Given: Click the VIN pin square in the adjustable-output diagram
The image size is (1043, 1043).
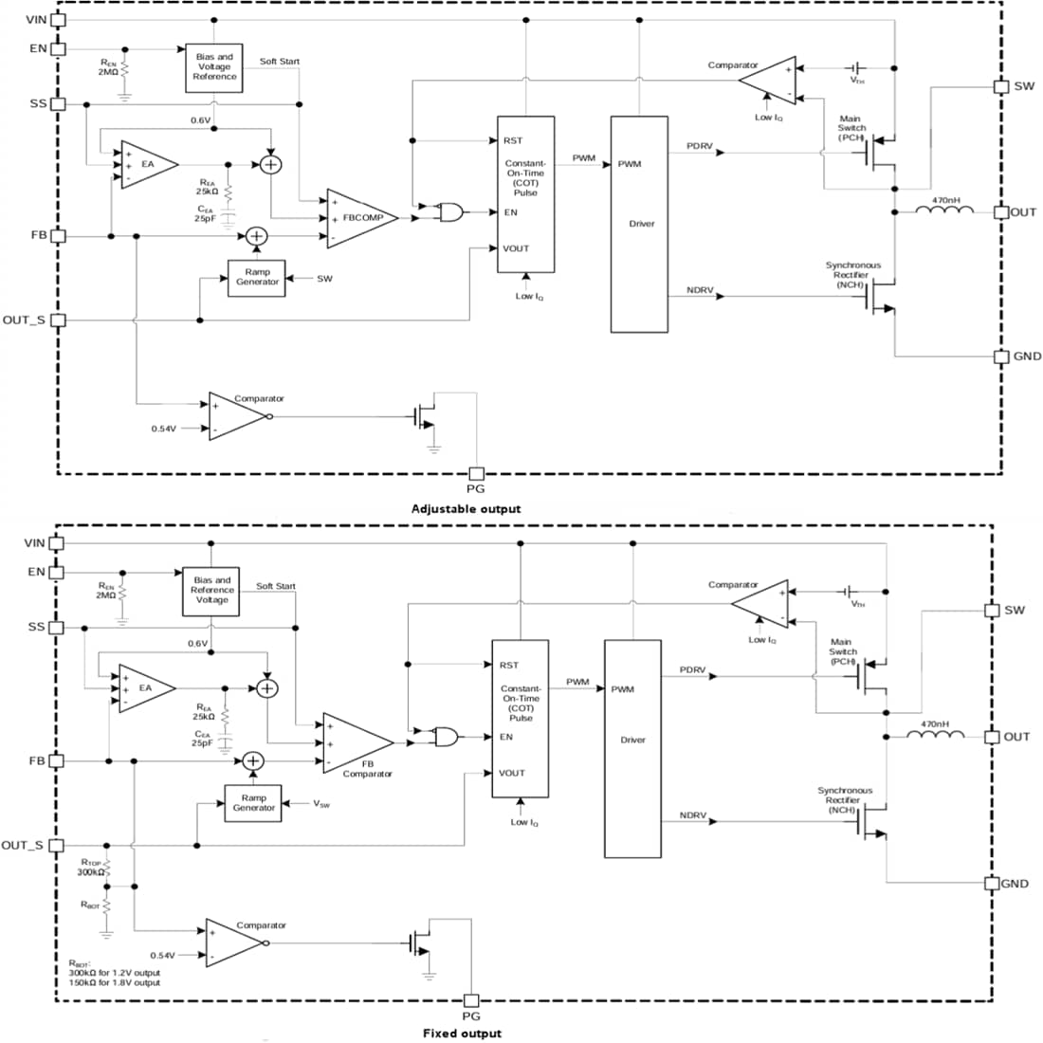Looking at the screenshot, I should [x=59, y=19].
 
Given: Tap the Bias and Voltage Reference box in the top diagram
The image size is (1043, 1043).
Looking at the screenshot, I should [x=214, y=66].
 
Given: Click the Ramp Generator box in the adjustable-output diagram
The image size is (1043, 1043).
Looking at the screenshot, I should [x=257, y=277].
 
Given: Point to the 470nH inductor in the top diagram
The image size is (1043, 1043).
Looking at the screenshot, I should [x=944, y=210].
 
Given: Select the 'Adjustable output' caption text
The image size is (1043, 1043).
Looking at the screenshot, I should [x=466, y=509].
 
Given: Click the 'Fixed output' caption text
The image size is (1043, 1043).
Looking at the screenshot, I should [x=462, y=1033].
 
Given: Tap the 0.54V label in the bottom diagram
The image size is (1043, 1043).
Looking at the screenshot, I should [x=164, y=955].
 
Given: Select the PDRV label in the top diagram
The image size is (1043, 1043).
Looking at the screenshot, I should [x=700, y=146].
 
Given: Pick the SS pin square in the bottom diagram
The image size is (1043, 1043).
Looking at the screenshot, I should [x=57, y=628].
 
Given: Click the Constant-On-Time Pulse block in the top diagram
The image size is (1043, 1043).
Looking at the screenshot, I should [x=525, y=194].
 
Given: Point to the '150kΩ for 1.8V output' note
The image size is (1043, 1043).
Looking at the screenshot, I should [x=114, y=982].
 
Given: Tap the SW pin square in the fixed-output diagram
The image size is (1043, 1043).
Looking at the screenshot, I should [x=993, y=610].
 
